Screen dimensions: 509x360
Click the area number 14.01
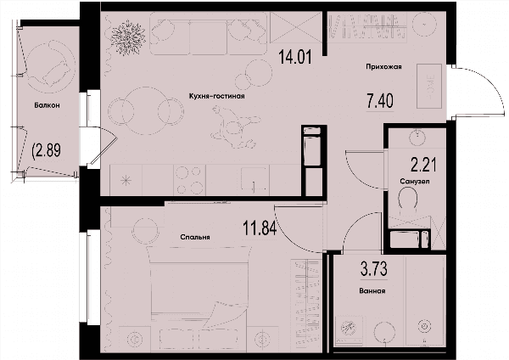[x=295, y=57]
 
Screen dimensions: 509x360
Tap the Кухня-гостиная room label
[x=216, y=96]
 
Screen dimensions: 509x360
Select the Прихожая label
[x=383, y=66]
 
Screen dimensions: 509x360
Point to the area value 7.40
[x=380, y=101]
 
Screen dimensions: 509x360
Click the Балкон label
[x=47, y=105]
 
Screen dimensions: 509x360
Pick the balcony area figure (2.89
[x=47, y=151]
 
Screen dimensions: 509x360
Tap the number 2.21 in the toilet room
[x=423, y=165]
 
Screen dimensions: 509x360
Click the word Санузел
[x=415, y=182]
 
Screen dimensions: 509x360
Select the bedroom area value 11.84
[x=260, y=228]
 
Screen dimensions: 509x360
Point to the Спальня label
[x=195, y=237]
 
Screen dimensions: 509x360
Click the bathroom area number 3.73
[x=374, y=269]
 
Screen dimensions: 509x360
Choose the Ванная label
[x=372, y=291]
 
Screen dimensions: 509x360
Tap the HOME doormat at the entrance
[x=429, y=86]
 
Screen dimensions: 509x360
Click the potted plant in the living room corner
[x=127, y=37]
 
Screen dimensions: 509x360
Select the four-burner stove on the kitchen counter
[x=190, y=180]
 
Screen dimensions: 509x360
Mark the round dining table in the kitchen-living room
[x=146, y=110]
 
